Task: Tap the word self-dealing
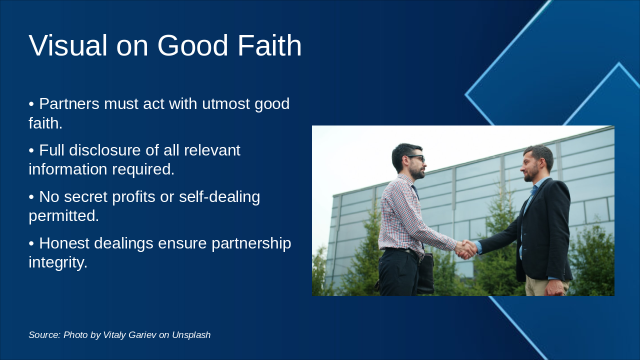tap(219, 197)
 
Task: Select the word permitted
tap(63, 216)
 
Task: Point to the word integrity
tap(57, 262)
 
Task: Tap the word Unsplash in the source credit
tap(191, 335)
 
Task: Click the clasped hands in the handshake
tap(466, 249)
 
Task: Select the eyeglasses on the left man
tap(416, 158)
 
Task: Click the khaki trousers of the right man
tap(537, 286)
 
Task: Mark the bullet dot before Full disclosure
tap(31, 150)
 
